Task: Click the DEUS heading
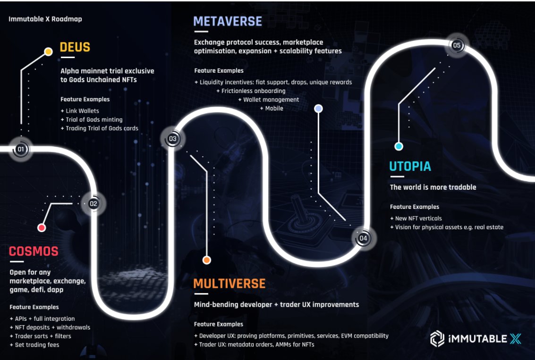click(75, 48)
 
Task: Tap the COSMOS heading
click(34, 251)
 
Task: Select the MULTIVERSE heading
click(229, 284)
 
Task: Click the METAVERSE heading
click(228, 21)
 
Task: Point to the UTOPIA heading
click(410, 167)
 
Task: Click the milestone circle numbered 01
click(20, 150)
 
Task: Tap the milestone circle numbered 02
click(93, 204)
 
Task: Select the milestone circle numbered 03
click(172, 139)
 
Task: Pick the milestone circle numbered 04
click(363, 238)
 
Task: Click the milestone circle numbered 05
click(457, 46)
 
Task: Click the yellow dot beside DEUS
click(48, 51)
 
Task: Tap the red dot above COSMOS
click(42, 228)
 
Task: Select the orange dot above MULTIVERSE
click(206, 260)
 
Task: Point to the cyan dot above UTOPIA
click(399, 146)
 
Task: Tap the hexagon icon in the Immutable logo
click(437, 339)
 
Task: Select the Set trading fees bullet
click(34, 345)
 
